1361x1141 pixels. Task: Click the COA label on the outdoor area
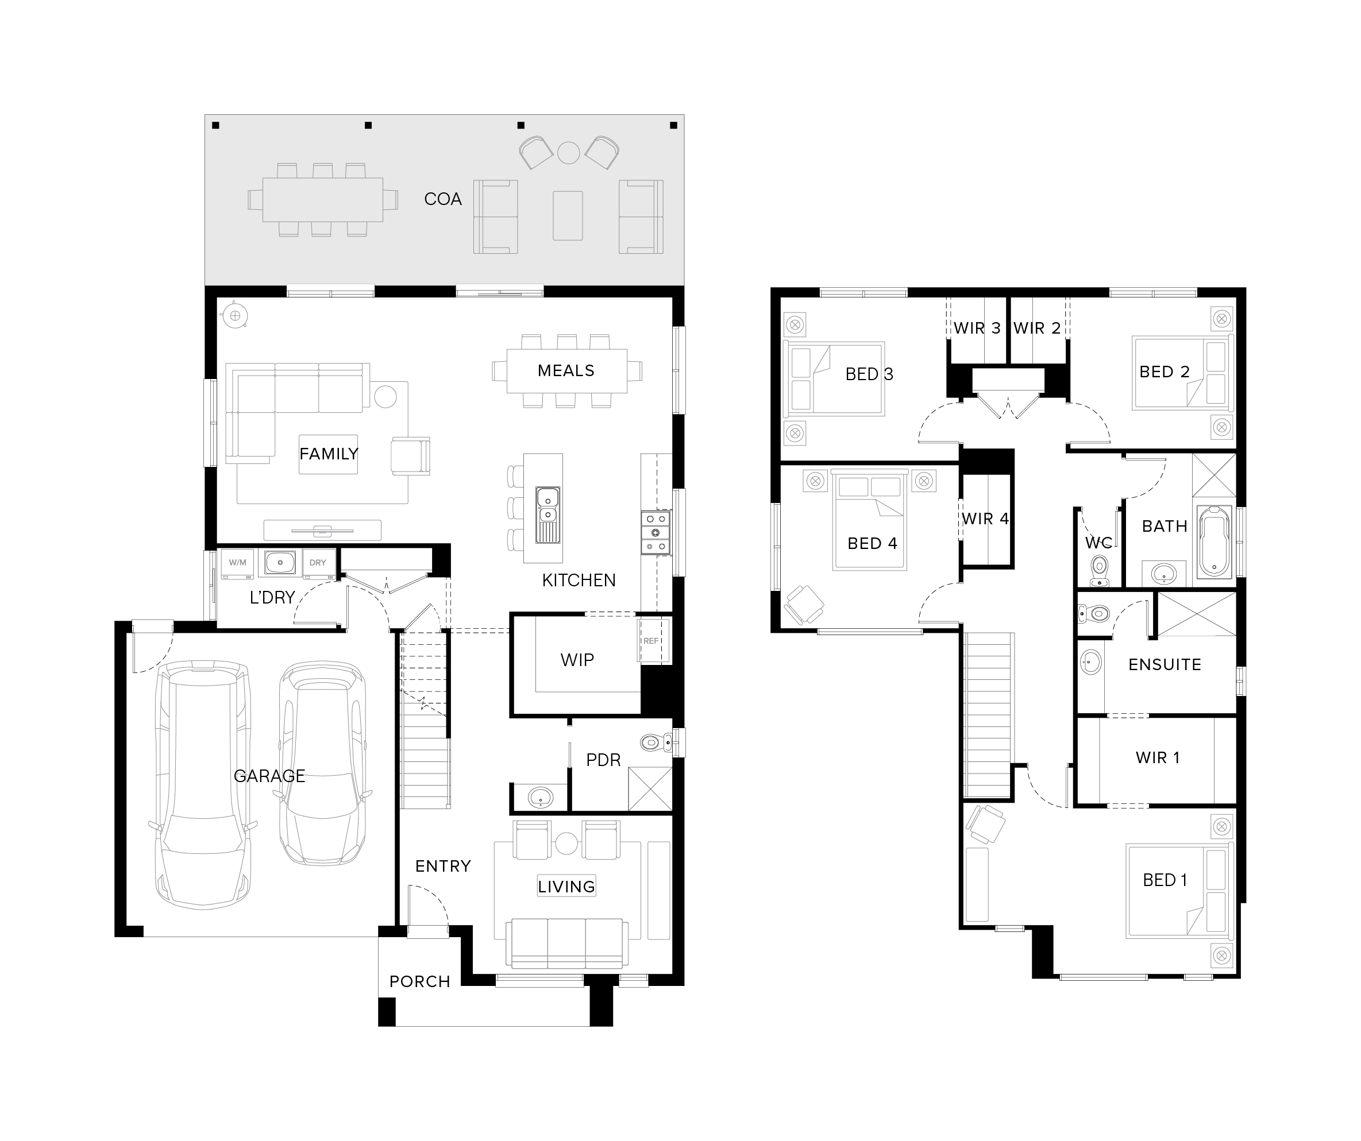click(442, 199)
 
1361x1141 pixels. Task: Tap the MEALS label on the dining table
click(566, 370)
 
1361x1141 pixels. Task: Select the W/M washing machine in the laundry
click(237, 562)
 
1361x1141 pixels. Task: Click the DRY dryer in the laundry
click(318, 562)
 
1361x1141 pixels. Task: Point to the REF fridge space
click(651, 641)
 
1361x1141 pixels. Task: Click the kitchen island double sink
click(548, 515)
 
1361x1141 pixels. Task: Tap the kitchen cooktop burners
click(656, 532)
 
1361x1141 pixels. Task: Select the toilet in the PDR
click(656, 742)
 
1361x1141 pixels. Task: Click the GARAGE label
click(269, 776)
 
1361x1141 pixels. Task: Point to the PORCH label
click(419, 981)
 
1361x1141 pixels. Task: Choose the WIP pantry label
click(577, 660)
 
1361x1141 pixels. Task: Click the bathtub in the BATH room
click(1214, 542)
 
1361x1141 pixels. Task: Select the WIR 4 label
click(985, 519)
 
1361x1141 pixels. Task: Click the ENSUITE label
click(1165, 664)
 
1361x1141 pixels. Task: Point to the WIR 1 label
click(1158, 757)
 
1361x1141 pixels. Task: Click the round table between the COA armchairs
click(568, 153)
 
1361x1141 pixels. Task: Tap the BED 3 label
click(869, 374)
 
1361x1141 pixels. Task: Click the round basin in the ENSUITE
click(1091, 663)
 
